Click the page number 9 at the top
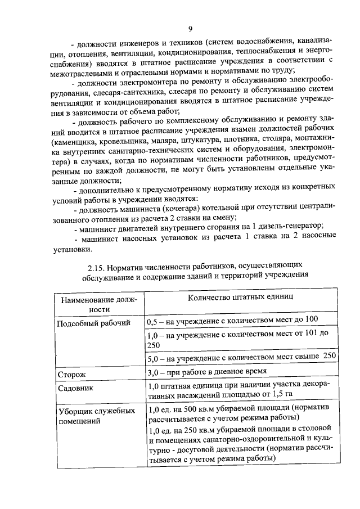190,29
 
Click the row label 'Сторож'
71,373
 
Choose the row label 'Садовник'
76,388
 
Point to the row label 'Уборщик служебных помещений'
96,415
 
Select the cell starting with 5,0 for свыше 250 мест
241,357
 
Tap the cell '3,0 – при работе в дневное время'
213,372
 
